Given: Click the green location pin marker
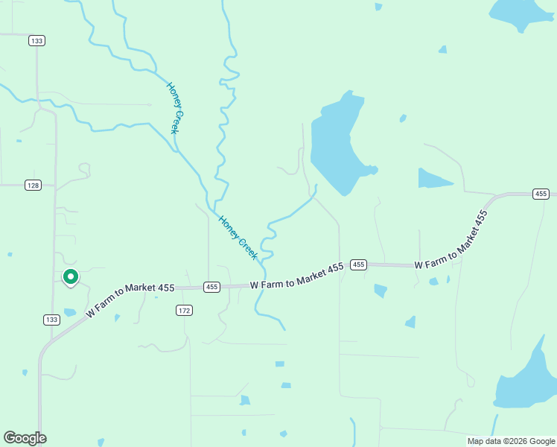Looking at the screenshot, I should point(70,277).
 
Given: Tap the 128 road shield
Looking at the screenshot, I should point(33,185).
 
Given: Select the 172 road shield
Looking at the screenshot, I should point(185,309).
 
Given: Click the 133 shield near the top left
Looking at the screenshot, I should point(36,40).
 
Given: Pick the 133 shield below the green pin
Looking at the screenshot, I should point(51,320).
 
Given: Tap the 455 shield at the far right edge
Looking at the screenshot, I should point(541,194).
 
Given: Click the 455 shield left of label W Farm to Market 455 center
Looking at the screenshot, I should point(211,287).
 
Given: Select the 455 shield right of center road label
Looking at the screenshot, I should point(358,264).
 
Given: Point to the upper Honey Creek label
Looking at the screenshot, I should point(174,108).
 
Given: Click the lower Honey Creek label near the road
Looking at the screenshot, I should point(238,238).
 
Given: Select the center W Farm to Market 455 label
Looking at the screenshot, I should point(296,275).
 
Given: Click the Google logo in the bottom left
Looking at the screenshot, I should point(25,438).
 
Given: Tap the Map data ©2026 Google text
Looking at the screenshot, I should point(511,441).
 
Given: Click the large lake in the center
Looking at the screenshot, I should point(335,145).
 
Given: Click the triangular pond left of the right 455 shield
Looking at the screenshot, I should point(433,179).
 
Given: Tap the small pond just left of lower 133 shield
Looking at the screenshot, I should point(69,312).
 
